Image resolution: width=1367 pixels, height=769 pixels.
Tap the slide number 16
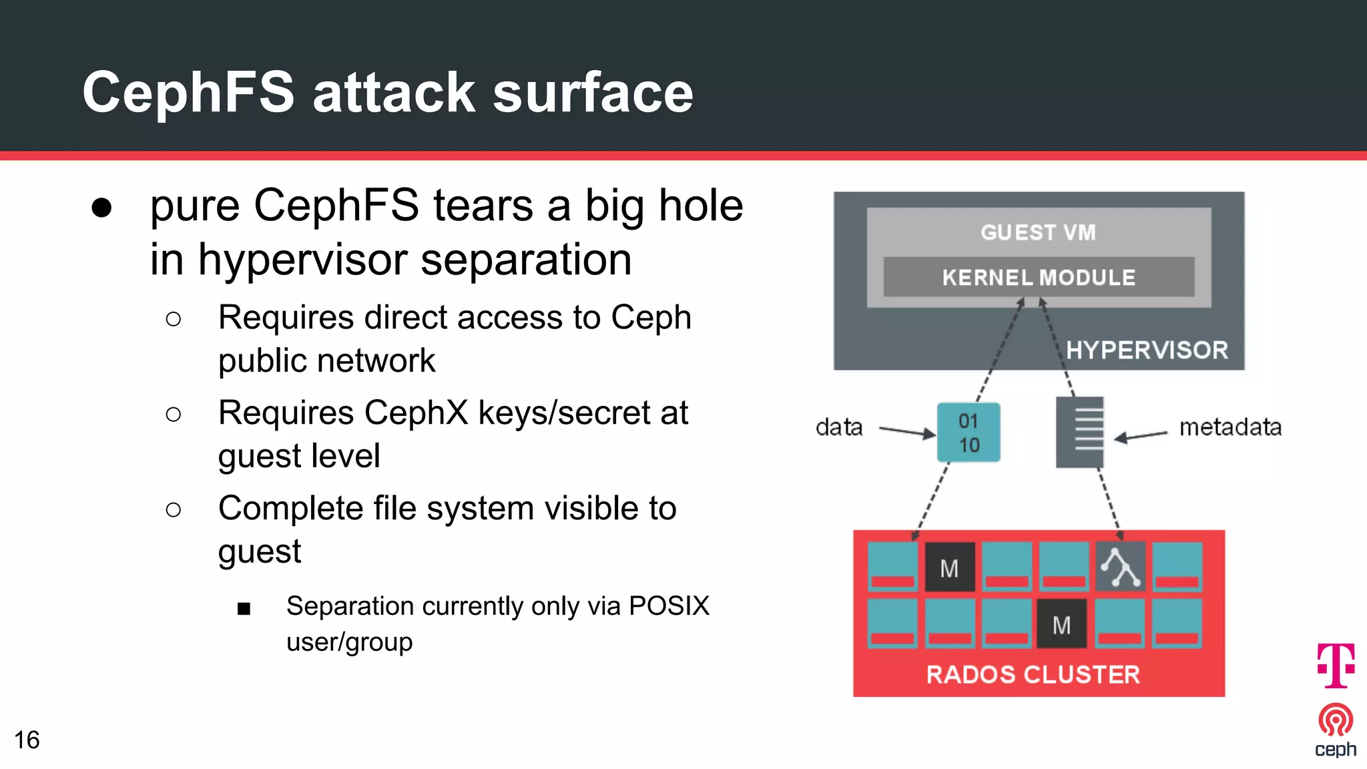tap(27, 740)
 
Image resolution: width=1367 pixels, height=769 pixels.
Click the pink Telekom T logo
tap(1336, 665)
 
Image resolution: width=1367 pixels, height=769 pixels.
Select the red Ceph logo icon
tap(1336, 720)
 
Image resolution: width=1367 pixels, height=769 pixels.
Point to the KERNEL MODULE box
tap(1039, 277)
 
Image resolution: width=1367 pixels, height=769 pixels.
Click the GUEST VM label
tap(1038, 232)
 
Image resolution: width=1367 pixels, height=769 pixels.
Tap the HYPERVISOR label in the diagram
tap(1146, 350)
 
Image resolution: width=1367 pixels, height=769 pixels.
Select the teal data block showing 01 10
tap(969, 433)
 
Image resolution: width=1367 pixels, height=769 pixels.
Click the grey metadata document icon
tap(1079, 433)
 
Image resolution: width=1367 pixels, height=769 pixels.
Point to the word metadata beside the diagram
tap(1230, 427)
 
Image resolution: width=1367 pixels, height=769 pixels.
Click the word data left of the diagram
tap(839, 427)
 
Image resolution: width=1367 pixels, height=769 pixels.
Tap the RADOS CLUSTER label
tap(1033, 674)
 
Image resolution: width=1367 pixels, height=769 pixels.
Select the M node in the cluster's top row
tap(949, 568)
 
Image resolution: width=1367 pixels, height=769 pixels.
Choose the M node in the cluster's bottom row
tap(1061, 625)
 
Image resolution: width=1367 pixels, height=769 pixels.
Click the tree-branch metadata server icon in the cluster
tap(1120, 567)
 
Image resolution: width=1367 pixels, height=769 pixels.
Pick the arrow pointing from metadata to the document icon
tap(1140, 437)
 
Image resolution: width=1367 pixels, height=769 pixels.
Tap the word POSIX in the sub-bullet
tap(669, 606)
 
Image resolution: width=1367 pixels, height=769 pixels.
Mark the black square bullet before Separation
tap(244, 608)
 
